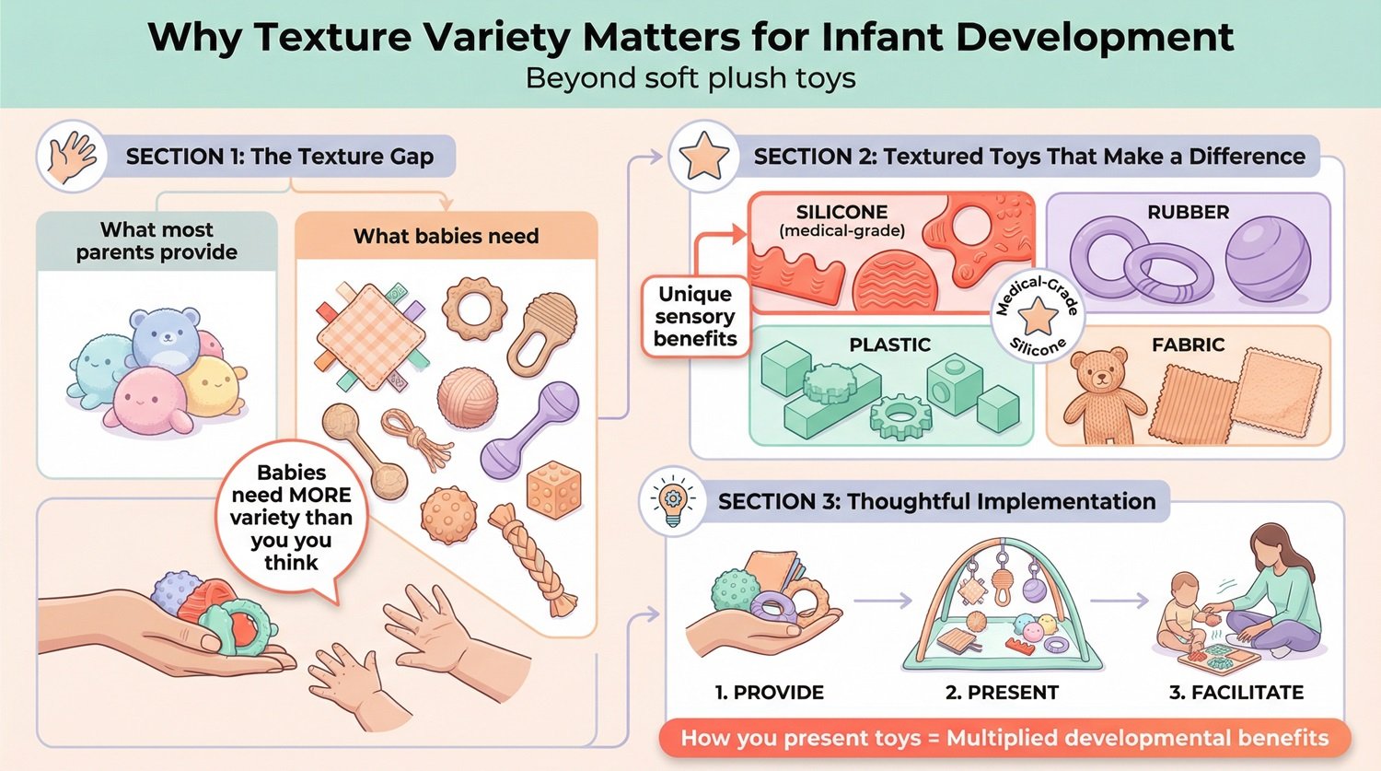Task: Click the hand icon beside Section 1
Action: [x=72, y=156]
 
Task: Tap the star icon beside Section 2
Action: [x=703, y=156]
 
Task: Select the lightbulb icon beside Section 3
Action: [x=673, y=501]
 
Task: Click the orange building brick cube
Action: [x=553, y=489]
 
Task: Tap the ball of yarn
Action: [x=467, y=398]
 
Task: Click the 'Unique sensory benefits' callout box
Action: [x=695, y=317]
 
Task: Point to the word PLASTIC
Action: [x=889, y=345]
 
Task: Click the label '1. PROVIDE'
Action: [x=769, y=693]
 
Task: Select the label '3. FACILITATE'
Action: [x=1236, y=693]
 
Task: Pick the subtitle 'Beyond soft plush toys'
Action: [x=690, y=78]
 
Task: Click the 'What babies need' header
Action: [x=446, y=237]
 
